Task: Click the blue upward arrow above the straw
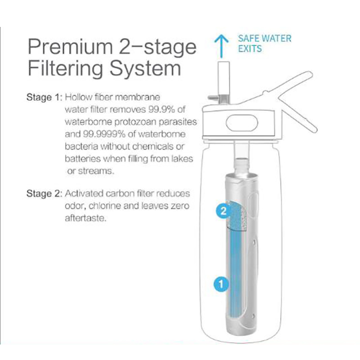(x=221, y=46)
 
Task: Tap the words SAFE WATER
(x=265, y=39)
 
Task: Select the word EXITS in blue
(x=250, y=49)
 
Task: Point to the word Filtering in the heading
(x=66, y=68)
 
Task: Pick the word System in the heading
(x=145, y=68)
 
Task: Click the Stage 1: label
(x=44, y=97)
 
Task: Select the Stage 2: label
(x=44, y=193)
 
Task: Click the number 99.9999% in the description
(x=104, y=134)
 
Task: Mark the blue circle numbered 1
(x=221, y=284)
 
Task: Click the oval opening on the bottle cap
(x=242, y=123)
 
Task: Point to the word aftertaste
(x=85, y=218)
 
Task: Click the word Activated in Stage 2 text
(x=84, y=193)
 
